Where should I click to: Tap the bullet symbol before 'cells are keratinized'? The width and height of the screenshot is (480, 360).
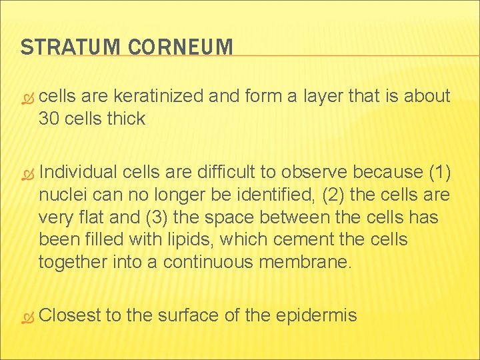tap(27, 97)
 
